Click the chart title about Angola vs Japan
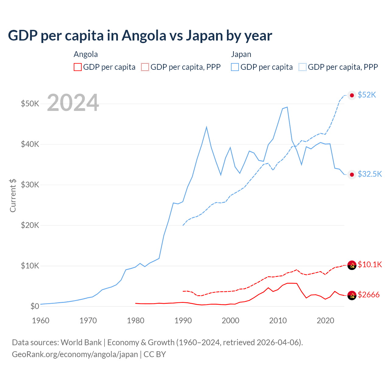tap(140, 36)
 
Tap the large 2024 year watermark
tap(73, 103)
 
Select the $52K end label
tap(367, 95)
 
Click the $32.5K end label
tap(370, 174)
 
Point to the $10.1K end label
tap(370, 264)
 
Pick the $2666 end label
tap(368, 295)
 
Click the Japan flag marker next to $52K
tap(352, 95)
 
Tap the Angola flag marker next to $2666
tap(352, 295)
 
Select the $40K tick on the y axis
tap(30, 144)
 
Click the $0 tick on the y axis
tap(35, 306)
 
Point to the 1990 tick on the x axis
tap(183, 321)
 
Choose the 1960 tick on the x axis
tap(41, 321)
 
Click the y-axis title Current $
tap(13, 195)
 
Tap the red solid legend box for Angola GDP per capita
tap(78, 67)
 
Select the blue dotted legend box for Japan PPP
tap(303, 67)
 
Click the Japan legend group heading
tap(241, 54)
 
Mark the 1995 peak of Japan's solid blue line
tap(207, 127)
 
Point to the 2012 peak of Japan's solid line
tap(287, 107)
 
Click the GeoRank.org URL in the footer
tap(75, 354)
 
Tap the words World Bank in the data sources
tap(81, 342)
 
